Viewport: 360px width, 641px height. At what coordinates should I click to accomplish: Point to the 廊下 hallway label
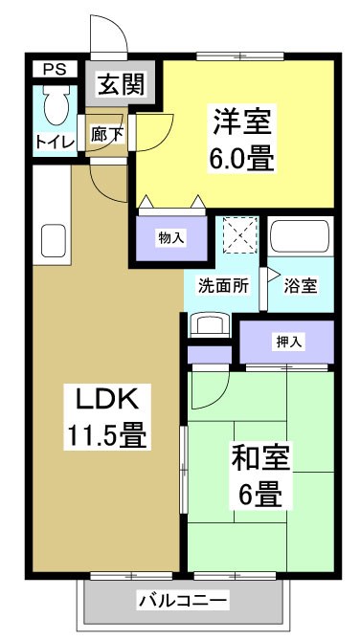click(x=107, y=134)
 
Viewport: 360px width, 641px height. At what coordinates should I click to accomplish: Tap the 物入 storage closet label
click(x=171, y=237)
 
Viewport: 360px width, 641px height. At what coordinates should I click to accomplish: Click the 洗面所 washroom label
click(x=223, y=285)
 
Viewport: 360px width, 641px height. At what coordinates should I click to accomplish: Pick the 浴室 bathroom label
click(x=302, y=285)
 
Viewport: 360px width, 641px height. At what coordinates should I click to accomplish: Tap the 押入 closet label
click(x=287, y=340)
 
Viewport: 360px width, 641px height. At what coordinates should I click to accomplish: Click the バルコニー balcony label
click(x=181, y=601)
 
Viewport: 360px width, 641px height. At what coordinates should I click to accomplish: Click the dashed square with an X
click(x=236, y=235)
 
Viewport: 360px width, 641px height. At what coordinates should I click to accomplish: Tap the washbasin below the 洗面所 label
click(x=209, y=323)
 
